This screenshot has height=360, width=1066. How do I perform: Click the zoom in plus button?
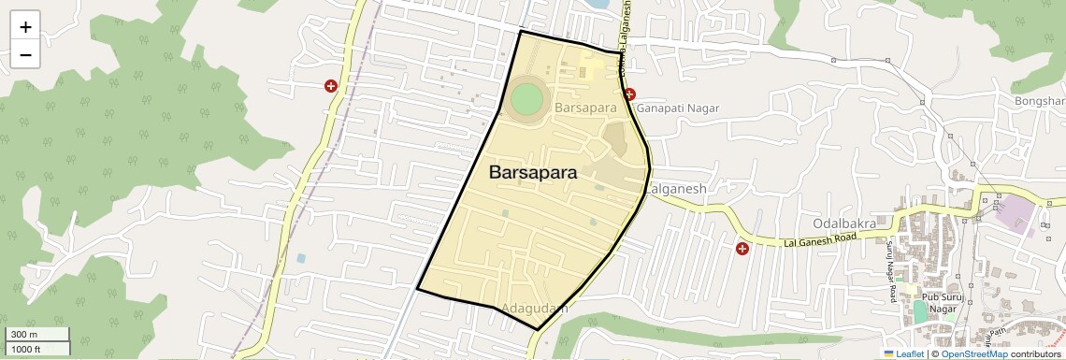pyautogui.click(x=25, y=27)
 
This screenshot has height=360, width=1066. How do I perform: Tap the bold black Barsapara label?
pyautogui.click(x=533, y=173)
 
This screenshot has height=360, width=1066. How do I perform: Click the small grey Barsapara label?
pyautogui.click(x=585, y=108)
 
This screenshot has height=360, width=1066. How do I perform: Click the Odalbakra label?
pyautogui.click(x=843, y=223)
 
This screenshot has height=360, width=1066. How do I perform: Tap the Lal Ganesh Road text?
pyautogui.click(x=820, y=240)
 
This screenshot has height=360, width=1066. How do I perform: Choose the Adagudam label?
pyautogui.click(x=534, y=308)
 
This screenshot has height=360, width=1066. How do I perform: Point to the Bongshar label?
pyautogui.click(x=1040, y=101)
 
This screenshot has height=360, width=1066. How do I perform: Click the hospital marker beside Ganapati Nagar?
pyautogui.click(x=630, y=94)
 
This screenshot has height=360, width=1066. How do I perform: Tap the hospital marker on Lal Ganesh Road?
pyautogui.click(x=742, y=249)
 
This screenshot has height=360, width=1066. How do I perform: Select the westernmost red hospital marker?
pyautogui.click(x=331, y=86)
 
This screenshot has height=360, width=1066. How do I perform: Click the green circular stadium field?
pyautogui.click(x=527, y=97)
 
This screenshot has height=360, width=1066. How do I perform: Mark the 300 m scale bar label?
pyautogui.click(x=24, y=335)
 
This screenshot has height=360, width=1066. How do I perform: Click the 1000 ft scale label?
pyautogui.click(x=26, y=349)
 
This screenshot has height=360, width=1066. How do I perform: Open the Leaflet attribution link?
pyautogui.click(x=903, y=354)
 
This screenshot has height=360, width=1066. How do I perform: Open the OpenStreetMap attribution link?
pyautogui.click(x=973, y=354)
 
